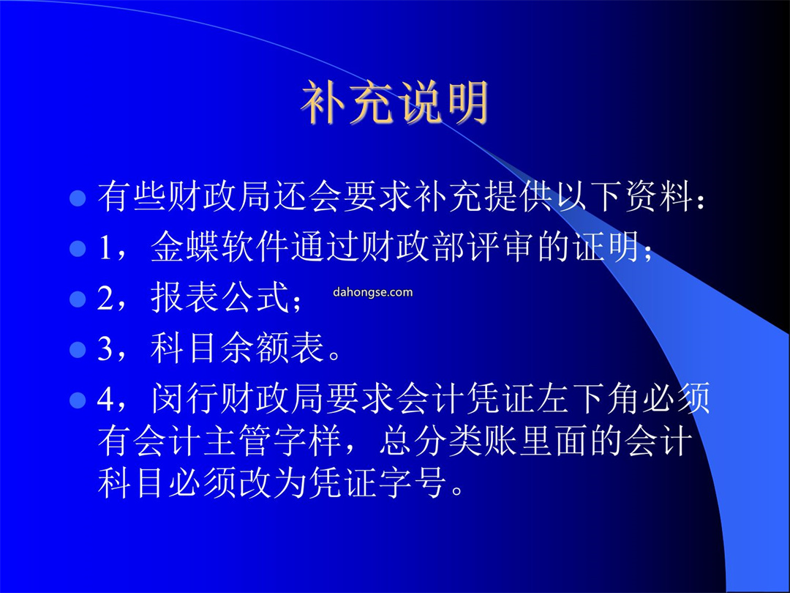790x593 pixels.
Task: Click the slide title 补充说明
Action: (x=395, y=103)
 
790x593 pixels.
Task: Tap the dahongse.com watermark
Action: (x=373, y=292)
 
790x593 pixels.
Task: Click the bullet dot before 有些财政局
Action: (x=78, y=198)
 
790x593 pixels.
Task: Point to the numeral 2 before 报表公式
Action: (x=105, y=299)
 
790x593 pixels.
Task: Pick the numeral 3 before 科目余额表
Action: (x=105, y=348)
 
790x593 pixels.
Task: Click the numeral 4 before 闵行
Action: (x=105, y=399)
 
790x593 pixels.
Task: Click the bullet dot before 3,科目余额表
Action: (x=78, y=349)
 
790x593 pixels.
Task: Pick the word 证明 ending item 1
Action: (x=606, y=247)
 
